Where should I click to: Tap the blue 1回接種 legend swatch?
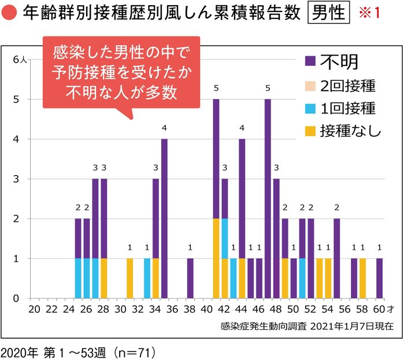tap(310, 108)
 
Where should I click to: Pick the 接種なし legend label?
tap(350, 131)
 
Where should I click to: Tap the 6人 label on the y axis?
tap(19, 60)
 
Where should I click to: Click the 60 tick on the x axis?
tap(379, 309)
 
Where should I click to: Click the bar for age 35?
tap(164, 218)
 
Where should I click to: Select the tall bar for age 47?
tap(268, 198)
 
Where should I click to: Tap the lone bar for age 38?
tap(190, 278)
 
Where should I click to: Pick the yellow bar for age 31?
tap(129, 278)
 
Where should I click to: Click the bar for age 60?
tap(379, 278)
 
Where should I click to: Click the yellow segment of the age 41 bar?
tap(216, 258)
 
